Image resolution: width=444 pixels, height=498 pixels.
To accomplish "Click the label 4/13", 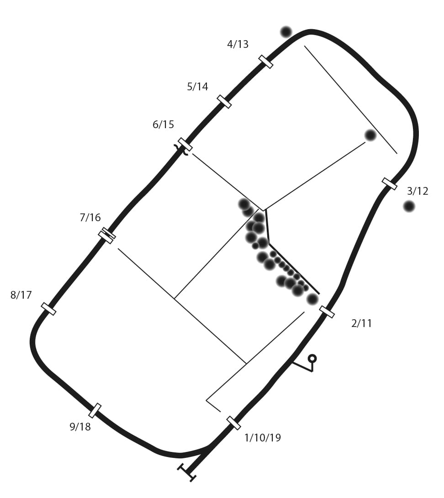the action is (238, 44).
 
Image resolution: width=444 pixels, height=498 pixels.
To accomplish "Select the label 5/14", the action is (197, 86).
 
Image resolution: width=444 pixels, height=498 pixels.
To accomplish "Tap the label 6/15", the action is (163, 124).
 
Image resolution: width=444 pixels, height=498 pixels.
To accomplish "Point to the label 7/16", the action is (90, 218).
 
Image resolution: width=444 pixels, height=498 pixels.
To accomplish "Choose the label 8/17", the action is (21, 295).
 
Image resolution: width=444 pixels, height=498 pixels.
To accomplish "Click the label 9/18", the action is (80, 426).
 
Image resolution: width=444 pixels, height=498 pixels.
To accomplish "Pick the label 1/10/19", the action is (263, 438).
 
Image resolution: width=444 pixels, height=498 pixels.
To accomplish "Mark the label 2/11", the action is (362, 323).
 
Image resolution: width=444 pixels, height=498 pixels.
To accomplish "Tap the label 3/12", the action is (418, 191).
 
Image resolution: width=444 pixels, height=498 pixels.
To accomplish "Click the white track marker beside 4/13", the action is (265, 62).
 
